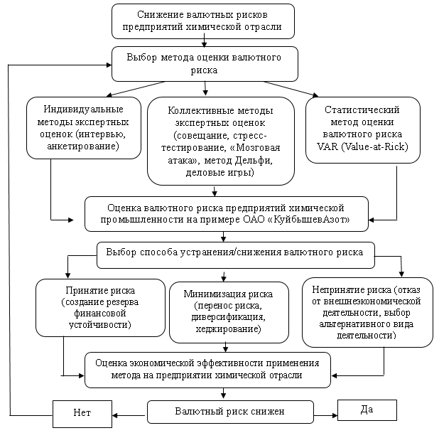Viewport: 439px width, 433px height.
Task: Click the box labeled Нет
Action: click(x=82, y=414)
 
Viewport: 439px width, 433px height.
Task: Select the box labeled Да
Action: click(x=367, y=410)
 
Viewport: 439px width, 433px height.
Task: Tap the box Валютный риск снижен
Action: click(x=230, y=412)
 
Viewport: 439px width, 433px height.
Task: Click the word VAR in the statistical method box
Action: click(x=327, y=146)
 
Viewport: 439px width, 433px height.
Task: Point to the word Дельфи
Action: click(x=254, y=160)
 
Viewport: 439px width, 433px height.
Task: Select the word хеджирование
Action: click(x=228, y=328)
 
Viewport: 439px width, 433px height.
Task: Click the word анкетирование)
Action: click(x=83, y=146)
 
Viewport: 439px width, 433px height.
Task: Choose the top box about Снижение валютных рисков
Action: click(x=203, y=21)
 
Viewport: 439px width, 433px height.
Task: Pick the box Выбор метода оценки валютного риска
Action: click(x=205, y=64)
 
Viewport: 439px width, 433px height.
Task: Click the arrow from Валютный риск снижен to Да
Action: click(x=325, y=415)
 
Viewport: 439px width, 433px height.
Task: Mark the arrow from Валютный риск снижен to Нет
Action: click(x=129, y=415)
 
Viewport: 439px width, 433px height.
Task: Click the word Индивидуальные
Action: click(x=83, y=109)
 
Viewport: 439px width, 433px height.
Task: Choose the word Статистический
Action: click(x=362, y=109)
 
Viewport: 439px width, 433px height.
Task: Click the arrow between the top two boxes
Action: click(x=205, y=40)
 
